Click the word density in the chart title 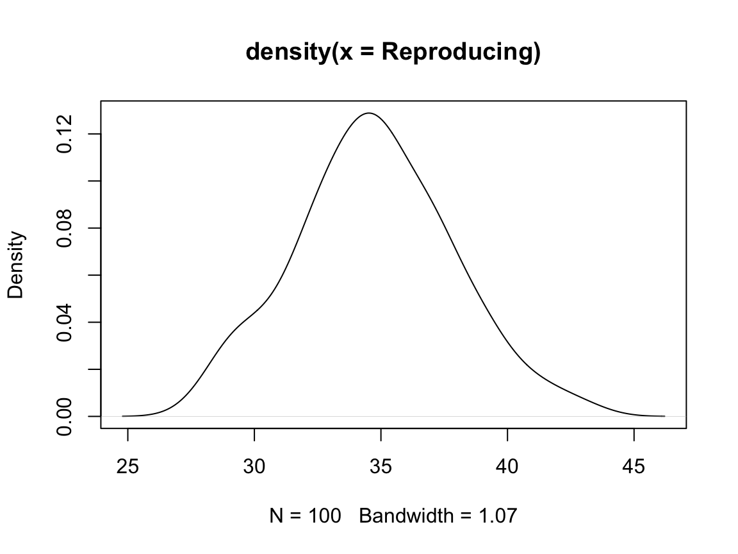pyautogui.click(x=286, y=53)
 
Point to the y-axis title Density pyautogui.click(x=17, y=265)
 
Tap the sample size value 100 pyautogui.click(x=322, y=515)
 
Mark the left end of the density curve pyautogui.click(x=122, y=416)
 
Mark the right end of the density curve pyautogui.click(x=664, y=416)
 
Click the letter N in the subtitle pyautogui.click(x=277, y=515)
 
